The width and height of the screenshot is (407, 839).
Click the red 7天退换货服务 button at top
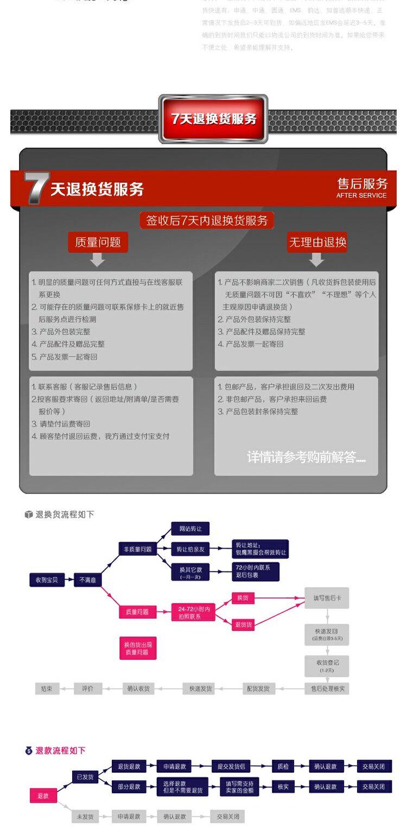tap(213, 119)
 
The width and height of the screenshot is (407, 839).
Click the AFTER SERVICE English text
tap(361, 195)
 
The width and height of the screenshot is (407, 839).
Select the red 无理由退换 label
tap(317, 242)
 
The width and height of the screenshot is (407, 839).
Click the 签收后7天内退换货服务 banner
tap(207, 220)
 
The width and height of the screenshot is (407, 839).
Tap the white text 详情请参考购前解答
tap(306, 457)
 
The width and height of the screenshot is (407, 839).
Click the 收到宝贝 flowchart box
tap(47, 580)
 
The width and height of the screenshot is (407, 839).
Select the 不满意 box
tap(87, 580)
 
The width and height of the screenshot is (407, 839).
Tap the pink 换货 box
tap(243, 598)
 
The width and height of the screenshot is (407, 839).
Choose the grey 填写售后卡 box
tap(327, 598)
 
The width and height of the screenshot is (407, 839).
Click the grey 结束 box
tap(47, 689)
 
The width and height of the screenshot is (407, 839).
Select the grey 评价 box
tap(87, 689)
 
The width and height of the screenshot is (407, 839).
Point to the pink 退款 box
tap(43, 796)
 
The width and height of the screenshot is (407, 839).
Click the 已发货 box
tap(85, 777)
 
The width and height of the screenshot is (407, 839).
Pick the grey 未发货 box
tap(85, 816)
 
